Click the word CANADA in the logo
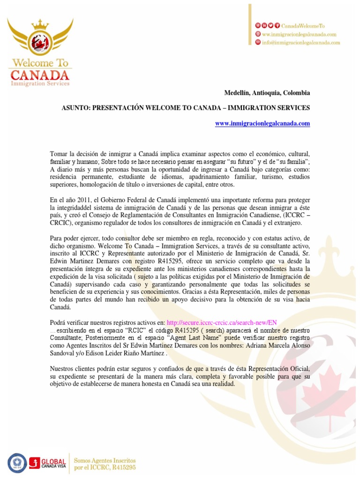(x=40, y=75)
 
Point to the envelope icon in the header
(x=257, y=42)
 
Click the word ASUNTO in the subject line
(x=75, y=108)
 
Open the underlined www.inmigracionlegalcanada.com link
(x=262, y=123)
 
